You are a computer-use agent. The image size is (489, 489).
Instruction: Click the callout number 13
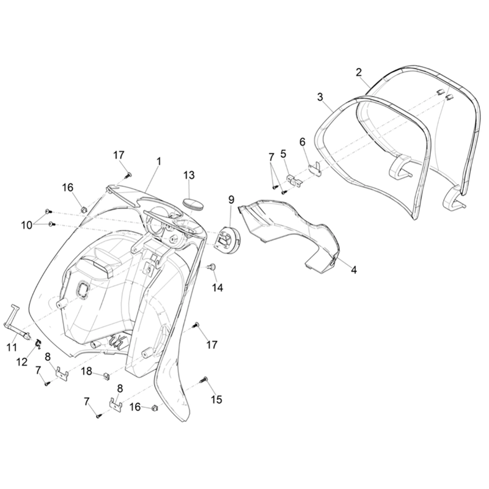click(x=189, y=175)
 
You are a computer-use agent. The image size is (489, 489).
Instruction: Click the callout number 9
click(x=231, y=200)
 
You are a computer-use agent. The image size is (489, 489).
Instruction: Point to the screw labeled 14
click(x=212, y=267)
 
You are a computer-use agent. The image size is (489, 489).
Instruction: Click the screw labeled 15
click(x=204, y=380)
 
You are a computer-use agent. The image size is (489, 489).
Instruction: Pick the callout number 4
click(x=353, y=270)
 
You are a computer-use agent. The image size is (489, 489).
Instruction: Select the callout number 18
click(x=87, y=371)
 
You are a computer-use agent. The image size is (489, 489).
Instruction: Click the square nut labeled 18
click(x=106, y=376)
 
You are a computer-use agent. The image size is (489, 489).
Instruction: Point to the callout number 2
click(x=359, y=72)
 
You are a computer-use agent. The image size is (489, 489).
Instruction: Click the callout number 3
click(x=320, y=97)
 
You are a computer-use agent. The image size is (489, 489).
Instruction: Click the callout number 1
click(x=159, y=161)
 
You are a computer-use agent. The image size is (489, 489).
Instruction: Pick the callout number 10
click(x=27, y=225)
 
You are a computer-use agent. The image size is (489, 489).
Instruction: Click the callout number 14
click(x=218, y=288)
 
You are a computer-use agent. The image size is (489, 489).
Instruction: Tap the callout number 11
click(x=12, y=347)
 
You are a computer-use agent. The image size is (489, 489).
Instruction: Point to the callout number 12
click(x=22, y=362)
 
